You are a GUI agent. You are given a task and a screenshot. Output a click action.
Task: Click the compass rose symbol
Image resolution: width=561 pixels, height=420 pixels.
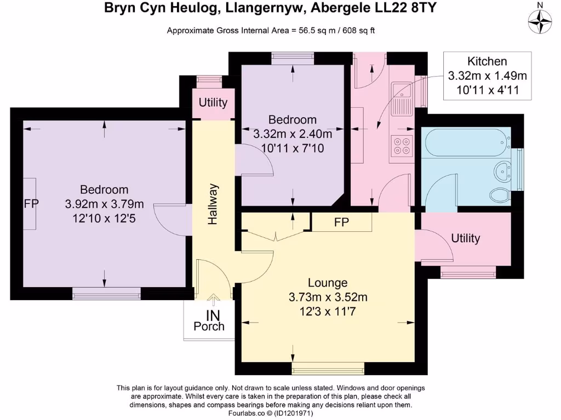tap(540, 22)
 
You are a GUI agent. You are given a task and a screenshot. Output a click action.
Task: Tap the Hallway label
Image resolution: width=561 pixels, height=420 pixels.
tap(213, 205)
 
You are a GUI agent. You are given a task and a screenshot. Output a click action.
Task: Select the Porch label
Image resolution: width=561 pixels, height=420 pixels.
tap(209, 326)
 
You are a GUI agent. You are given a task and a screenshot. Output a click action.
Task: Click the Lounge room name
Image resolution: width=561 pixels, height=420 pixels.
tap(328, 283)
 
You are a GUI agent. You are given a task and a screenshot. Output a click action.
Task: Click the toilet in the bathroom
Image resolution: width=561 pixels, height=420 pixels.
tap(501, 196)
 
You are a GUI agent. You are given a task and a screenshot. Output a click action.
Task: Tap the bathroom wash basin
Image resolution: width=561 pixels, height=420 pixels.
tap(503, 171)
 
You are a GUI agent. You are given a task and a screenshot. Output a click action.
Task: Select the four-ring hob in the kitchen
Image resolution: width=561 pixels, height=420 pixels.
tap(402, 145)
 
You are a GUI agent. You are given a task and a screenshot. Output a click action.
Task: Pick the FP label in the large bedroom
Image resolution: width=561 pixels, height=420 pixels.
tap(31, 203)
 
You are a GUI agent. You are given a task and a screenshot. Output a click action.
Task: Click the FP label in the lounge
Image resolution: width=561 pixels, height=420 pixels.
tap(341, 222)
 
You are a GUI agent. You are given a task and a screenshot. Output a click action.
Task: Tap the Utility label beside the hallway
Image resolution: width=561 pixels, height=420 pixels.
tap(213, 102)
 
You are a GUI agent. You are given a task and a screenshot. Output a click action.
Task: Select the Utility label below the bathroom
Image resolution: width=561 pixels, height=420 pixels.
tap(465, 238)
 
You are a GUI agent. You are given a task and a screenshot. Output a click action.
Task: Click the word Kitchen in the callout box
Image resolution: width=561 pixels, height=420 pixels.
tap(487, 61)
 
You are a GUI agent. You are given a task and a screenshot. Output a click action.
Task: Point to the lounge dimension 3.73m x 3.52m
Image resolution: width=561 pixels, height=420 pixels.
tap(328, 297)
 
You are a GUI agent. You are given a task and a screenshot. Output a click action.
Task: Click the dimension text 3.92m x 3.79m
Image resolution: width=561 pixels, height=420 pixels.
tap(104, 204)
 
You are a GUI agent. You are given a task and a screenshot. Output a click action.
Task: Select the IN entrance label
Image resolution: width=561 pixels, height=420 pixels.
tap(213, 316)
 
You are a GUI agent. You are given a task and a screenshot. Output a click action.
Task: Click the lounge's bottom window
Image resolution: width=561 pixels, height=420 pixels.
tap(328, 368)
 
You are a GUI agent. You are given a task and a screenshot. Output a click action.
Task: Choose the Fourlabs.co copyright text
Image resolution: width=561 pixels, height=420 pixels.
tap(271, 413)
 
